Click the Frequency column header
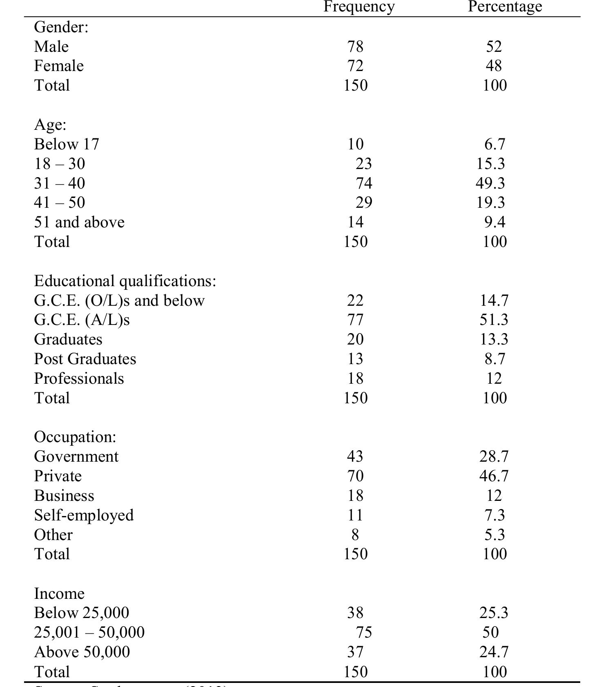(359, 7)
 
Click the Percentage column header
(505, 7)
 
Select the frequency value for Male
(355, 47)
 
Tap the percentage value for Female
(494, 66)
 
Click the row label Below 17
(67, 144)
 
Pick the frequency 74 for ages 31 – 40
(363, 183)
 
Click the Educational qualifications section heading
(125, 281)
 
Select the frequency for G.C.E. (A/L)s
(355, 320)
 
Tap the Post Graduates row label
(85, 359)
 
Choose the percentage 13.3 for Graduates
(494, 339)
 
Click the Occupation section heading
(75, 437)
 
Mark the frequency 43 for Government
(355, 456)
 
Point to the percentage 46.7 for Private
(494, 476)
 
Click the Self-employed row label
(84, 515)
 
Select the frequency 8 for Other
(355, 535)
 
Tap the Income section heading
(59, 593)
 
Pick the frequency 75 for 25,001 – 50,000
(363, 632)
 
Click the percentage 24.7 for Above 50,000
(494, 652)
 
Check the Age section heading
(50, 125)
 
